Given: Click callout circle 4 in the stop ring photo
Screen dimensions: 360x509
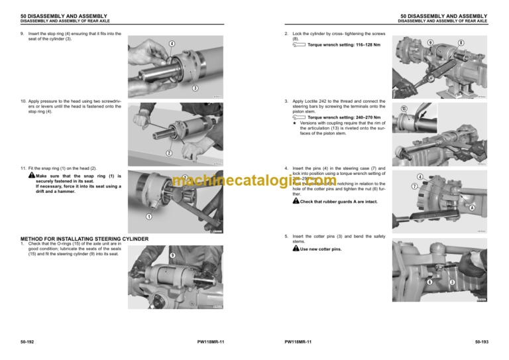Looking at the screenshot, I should click(x=171, y=44).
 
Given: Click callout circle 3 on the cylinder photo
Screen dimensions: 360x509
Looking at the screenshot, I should click(x=196, y=88).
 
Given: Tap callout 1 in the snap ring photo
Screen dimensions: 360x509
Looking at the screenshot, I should click(x=149, y=216).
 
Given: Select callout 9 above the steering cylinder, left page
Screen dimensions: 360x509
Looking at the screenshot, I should click(x=172, y=255).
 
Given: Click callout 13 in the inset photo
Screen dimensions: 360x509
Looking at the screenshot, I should click(x=404, y=108).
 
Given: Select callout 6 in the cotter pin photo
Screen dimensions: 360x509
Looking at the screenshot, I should click(x=429, y=282).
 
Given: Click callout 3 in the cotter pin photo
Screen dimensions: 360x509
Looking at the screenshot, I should click(x=452, y=282).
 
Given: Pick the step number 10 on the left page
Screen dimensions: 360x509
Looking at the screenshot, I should click(x=23, y=101).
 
